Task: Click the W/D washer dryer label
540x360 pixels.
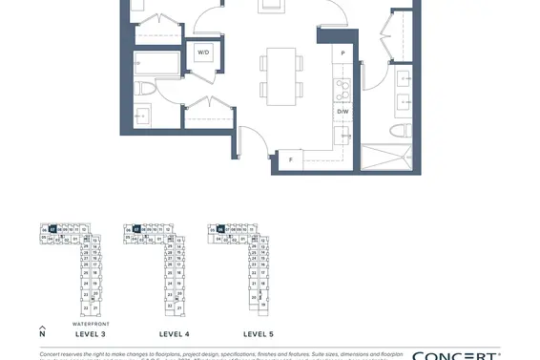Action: (204, 53)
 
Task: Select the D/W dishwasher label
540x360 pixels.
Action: (343, 112)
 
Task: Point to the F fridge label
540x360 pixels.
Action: (290, 159)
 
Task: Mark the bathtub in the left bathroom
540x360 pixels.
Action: (156, 64)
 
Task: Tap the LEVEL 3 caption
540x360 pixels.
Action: (90, 334)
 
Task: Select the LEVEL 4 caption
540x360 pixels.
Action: (174, 334)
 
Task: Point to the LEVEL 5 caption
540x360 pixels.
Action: (258, 334)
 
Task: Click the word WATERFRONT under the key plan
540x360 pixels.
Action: (90, 324)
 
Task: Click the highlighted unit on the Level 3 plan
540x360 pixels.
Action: (53, 229)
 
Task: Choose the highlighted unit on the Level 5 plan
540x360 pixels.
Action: (220, 229)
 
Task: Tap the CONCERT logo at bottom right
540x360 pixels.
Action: (456, 355)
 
